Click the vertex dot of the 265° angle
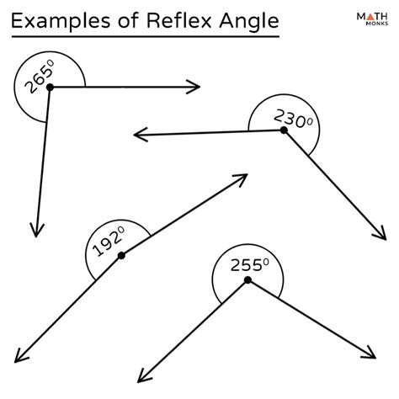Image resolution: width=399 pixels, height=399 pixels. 50,87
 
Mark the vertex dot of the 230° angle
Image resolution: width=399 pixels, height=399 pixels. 284,130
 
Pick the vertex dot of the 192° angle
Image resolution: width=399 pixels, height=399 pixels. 122,255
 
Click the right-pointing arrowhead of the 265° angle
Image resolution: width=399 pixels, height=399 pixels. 194,87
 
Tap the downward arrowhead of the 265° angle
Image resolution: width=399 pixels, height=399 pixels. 35,230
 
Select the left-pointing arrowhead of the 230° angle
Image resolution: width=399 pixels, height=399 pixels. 140,134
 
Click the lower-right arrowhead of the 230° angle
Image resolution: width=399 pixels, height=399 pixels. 380,237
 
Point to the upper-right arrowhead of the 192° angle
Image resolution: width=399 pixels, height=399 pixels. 241,178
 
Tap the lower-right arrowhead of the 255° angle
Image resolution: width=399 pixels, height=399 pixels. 373,356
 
